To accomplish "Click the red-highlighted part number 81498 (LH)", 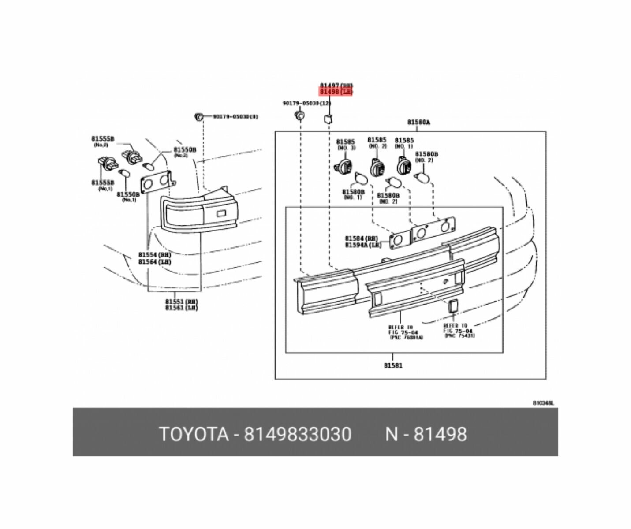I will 336,92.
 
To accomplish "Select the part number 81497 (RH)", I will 336,86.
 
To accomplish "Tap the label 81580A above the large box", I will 418,122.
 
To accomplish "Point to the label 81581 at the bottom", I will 392,365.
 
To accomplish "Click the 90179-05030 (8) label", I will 235,117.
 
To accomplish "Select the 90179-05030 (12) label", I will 306,103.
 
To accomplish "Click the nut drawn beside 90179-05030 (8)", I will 199,117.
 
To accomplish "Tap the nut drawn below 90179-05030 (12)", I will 299,116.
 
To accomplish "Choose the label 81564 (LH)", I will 154,261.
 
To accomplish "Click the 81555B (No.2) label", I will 102,141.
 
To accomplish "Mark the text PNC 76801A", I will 406,338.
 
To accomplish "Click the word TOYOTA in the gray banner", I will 194,434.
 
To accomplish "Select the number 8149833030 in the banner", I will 298,434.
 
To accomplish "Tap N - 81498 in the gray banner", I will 426,434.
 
